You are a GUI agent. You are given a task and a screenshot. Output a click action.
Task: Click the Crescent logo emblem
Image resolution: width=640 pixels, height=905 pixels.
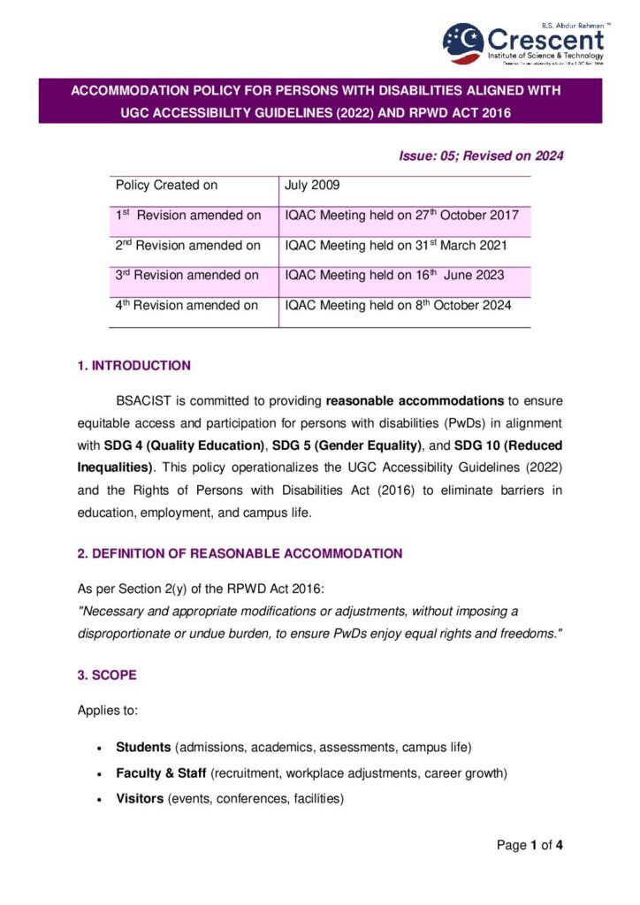(x=462, y=42)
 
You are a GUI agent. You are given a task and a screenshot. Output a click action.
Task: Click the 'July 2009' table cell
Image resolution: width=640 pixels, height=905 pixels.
(x=312, y=186)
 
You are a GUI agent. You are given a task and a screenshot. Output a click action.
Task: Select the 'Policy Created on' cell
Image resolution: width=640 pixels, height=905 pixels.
(x=166, y=186)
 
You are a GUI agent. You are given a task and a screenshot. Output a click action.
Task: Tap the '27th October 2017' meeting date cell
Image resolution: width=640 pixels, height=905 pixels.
(x=401, y=215)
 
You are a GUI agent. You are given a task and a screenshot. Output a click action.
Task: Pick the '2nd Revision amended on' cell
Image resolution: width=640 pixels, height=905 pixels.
(x=187, y=245)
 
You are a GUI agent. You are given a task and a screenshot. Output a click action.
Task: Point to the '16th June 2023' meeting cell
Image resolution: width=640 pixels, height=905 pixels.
(x=394, y=275)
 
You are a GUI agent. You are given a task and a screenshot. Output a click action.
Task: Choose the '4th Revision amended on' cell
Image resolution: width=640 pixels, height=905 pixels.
(x=187, y=305)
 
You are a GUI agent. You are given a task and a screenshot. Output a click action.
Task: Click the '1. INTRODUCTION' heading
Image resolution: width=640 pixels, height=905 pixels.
(x=133, y=366)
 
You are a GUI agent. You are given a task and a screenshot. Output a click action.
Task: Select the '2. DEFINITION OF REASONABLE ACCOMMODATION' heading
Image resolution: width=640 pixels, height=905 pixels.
(x=240, y=554)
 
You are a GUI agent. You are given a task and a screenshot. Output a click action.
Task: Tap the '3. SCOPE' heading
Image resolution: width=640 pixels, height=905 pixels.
(x=107, y=675)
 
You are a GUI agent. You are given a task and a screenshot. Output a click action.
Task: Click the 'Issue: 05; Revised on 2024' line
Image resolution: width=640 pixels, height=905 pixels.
(x=482, y=156)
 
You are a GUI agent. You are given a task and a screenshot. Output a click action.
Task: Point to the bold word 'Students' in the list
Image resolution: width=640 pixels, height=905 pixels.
(x=143, y=748)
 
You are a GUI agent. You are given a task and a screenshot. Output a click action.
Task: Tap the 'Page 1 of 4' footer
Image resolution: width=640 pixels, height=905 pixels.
(x=530, y=846)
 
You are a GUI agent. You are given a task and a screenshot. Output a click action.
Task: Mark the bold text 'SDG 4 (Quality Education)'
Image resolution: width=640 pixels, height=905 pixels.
(x=181, y=445)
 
